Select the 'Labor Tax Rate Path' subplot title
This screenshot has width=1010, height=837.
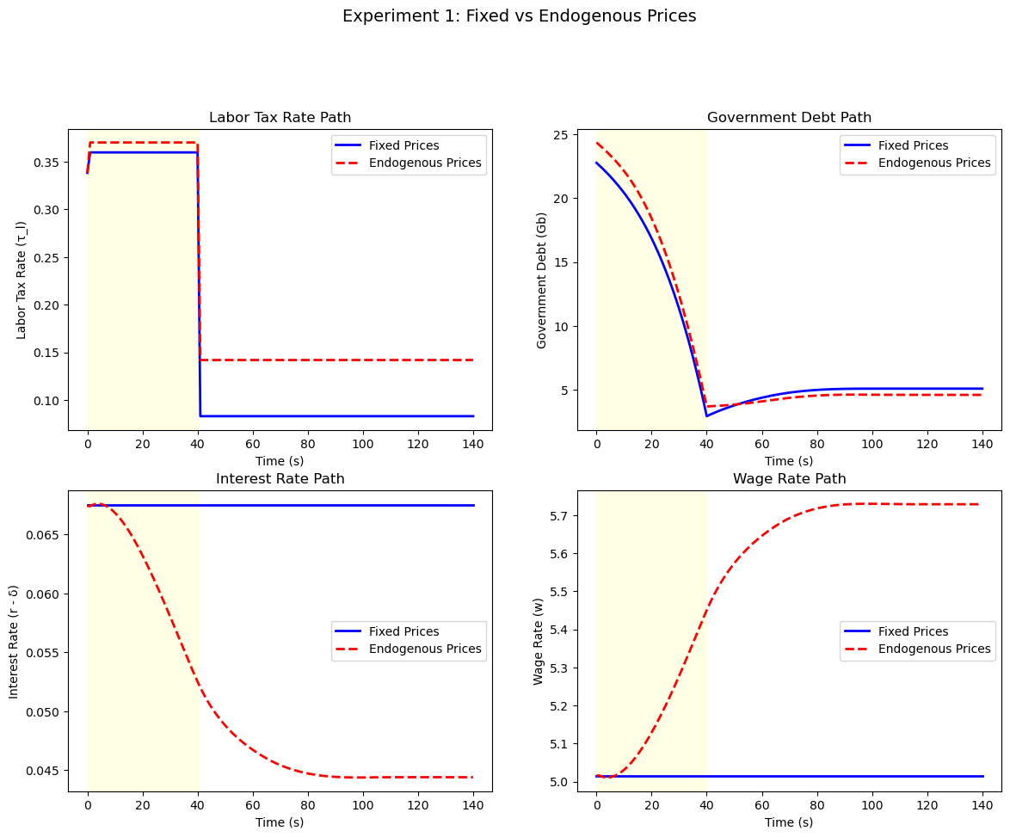pyautogui.click(x=280, y=118)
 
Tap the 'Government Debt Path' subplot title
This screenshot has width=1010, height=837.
pyautogui.click(x=789, y=118)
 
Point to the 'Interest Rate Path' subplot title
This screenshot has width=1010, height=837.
pyautogui.click(x=280, y=479)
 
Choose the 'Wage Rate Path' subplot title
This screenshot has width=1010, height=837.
pyautogui.click(x=789, y=479)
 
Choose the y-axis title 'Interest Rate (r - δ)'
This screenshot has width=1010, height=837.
pyautogui.click(x=14, y=641)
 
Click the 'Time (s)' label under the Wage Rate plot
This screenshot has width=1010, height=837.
pyautogui.click(x=789, y=822)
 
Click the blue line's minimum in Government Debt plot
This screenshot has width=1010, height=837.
pyautogui.click(x=706, y=416)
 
